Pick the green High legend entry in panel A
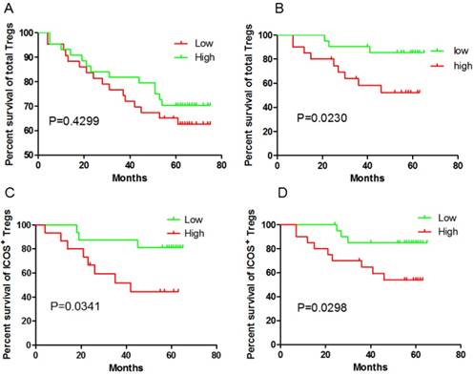coord(195,57)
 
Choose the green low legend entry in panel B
coord(432,49)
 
